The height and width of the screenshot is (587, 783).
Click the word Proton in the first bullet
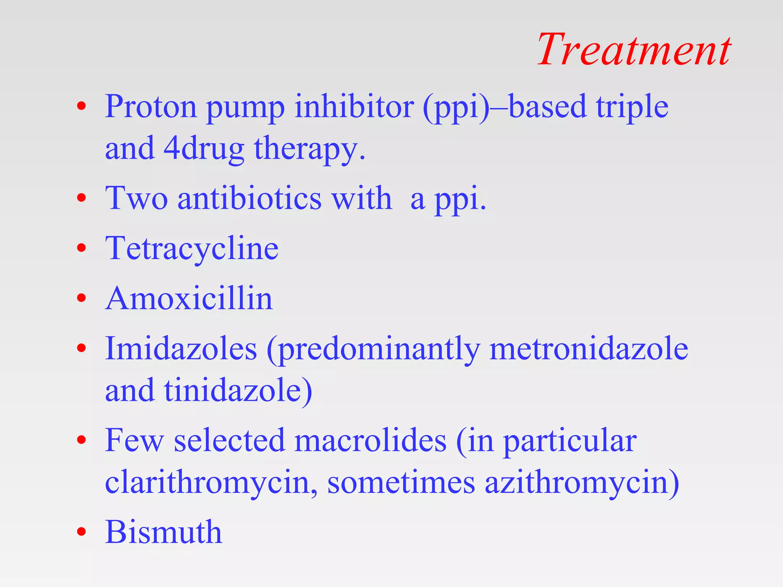pyautogui.click(x=151, y=107)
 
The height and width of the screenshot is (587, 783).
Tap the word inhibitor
pyautogui.click(x=354, y=107)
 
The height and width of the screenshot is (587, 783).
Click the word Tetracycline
pyautogui.click(x=192, y=248)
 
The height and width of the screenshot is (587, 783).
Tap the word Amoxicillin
pyautogui.click(x=189, y=298)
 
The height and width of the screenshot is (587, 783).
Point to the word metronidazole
pyautogui.click(x=588, y=349)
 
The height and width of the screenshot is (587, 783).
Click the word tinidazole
pyautogui.click(x=237, y=391)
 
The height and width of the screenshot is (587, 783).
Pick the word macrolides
pyautogui.click(x=370, y=441)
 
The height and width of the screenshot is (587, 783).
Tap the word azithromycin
pyautogui.click(x=581, y=483)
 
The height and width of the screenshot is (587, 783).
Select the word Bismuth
pyautogui.click(x=164, y=532)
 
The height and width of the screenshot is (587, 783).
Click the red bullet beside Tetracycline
pyautogui.click(x=81, y=248)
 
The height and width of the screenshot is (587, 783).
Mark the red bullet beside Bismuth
pyautogui.click(x=81, y=532)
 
